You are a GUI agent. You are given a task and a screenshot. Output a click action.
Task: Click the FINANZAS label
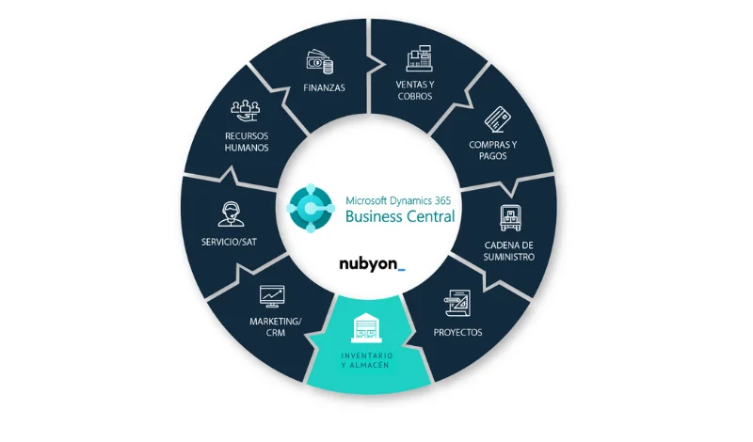[324, 88]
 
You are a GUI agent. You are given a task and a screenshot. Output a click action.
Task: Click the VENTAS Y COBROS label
[415, 90]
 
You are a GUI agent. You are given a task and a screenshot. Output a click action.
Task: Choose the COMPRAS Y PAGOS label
[493, 150]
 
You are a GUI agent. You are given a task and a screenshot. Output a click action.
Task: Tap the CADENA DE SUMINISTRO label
[511, 250]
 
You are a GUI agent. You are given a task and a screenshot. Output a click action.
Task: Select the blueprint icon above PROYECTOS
[457, 305]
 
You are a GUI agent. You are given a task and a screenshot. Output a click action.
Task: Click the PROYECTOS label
[457, 333]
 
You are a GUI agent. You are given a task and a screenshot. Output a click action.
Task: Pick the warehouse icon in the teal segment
[365, 329]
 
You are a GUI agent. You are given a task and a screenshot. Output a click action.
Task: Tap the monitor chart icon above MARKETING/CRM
[273, 296]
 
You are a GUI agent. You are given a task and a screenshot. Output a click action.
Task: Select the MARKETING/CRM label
[276, 326]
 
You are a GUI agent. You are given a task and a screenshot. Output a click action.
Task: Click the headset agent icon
[229, 213]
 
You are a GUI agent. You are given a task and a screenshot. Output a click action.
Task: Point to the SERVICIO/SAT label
[229, 242]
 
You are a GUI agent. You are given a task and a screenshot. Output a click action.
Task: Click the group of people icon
[246, 112]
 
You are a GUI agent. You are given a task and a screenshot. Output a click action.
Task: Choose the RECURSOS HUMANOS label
[247, 141]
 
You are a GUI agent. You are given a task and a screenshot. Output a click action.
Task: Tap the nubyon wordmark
[372, 264]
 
